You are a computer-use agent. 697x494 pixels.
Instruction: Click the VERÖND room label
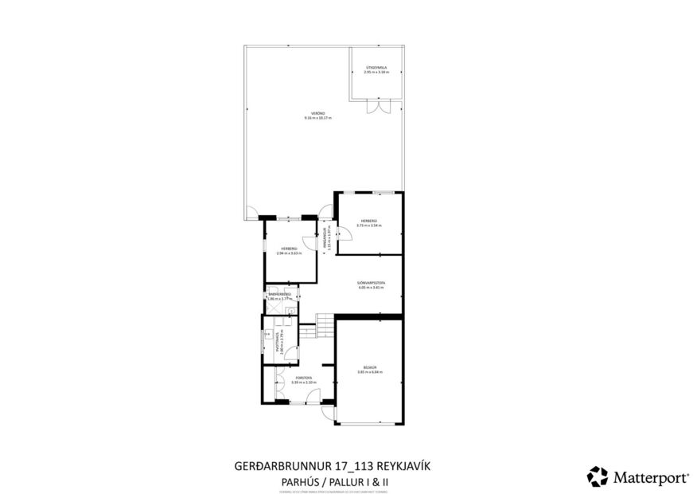[317, 113]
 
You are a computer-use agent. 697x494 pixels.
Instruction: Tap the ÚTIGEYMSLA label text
[376, 69]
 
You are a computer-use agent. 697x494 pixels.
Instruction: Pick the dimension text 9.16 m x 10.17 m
[317, 118]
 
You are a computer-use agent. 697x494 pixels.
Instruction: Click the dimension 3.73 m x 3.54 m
[369, 225]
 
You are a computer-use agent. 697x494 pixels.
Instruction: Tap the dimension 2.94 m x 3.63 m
[289, 253]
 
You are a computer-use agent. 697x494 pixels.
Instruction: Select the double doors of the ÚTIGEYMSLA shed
[374, 107]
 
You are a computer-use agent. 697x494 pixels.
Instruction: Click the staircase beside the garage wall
[325, 325]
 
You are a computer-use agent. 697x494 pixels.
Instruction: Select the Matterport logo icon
[597, 476]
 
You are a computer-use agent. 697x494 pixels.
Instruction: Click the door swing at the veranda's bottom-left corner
[251, 213]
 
